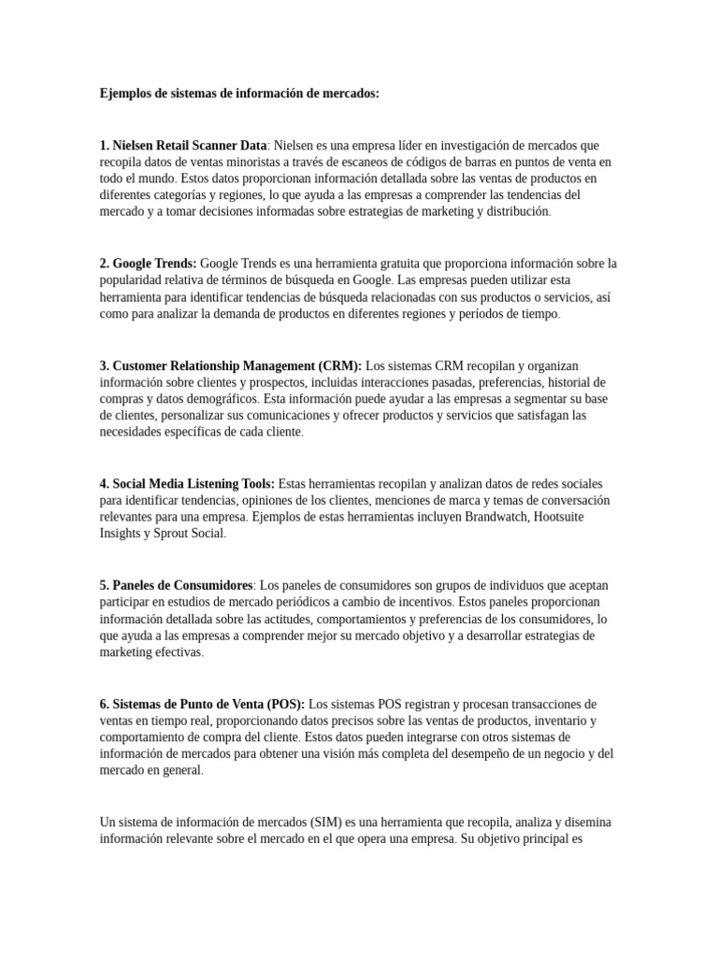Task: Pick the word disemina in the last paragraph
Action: (584, 821)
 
